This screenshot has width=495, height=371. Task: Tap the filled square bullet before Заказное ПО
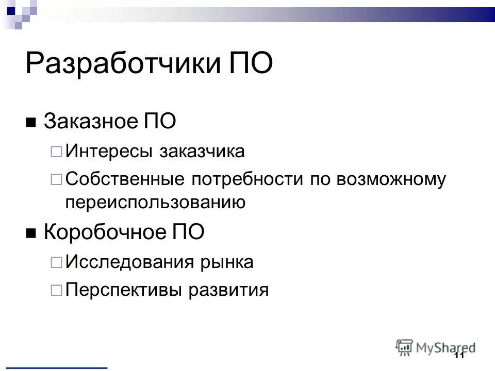click(31, 123)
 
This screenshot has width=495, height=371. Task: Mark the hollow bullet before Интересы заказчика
click(56, 152)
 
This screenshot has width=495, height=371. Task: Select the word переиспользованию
click(155, 203)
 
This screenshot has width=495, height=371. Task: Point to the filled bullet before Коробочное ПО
click(31, 234)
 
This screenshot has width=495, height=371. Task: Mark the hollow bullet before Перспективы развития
click(56, 290)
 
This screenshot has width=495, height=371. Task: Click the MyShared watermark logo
click(436, 347)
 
